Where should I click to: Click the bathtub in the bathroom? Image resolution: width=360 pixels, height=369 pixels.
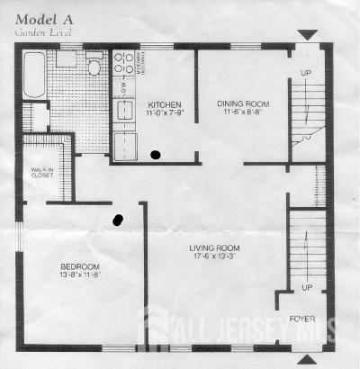(33, 75)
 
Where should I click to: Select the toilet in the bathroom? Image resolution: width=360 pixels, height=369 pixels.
(94, 67)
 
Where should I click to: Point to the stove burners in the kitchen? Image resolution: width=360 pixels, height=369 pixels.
(124, 63)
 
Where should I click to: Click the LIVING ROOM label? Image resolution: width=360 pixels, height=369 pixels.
(212, 247)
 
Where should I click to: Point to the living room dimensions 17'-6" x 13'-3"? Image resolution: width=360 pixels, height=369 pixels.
(212, 257)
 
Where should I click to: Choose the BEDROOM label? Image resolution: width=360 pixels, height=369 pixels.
(79, 266)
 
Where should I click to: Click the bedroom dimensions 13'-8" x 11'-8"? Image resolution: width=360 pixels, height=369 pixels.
(79, 276)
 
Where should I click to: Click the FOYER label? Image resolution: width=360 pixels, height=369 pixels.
(301, 319)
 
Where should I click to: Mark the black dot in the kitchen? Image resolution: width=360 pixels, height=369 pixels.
(157, 155)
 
